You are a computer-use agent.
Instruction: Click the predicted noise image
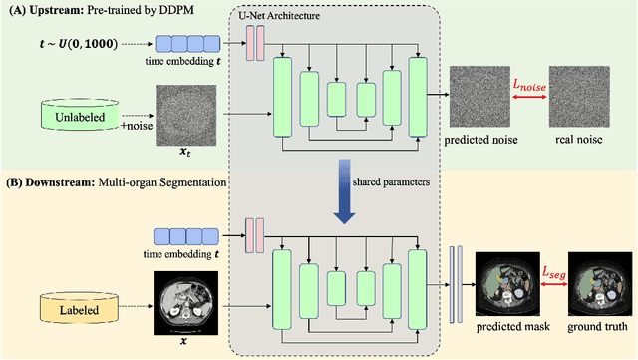pyautogui.click(x=482, y=100)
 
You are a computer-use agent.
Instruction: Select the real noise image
pyautogui.click(x=585, y=100)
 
